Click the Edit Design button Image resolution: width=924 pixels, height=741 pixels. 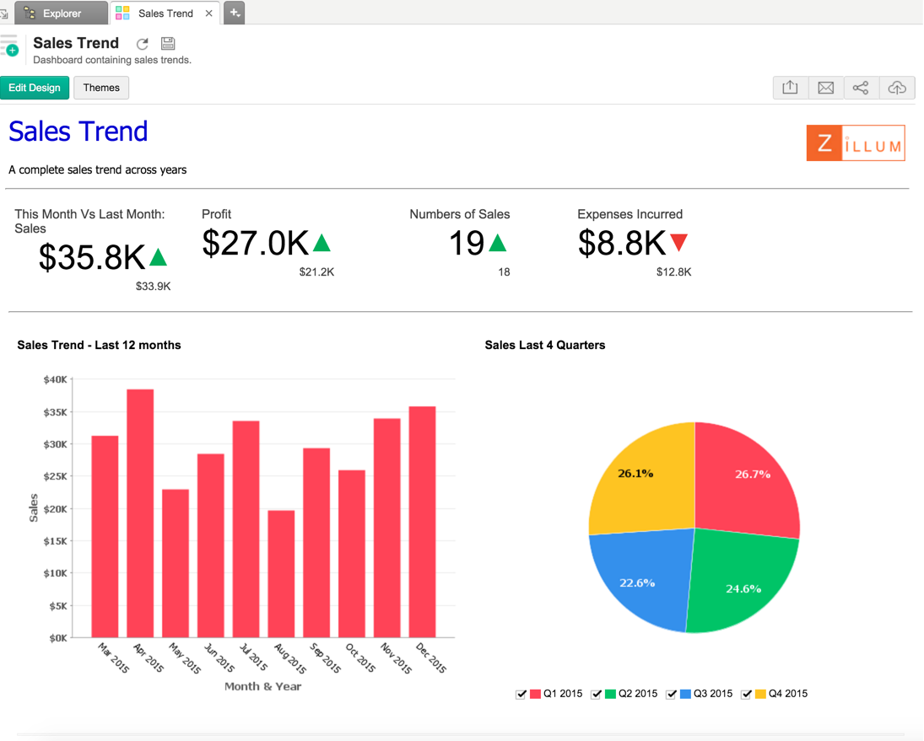pos(35,88)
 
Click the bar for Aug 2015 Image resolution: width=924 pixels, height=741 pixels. pos(281,573)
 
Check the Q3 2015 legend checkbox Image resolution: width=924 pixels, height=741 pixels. pos(672,694)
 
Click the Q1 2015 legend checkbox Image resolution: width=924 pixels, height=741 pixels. pos(521,694)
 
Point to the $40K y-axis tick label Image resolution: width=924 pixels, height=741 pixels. pos(56,380)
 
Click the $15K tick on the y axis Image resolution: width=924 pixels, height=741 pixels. pos(56,541)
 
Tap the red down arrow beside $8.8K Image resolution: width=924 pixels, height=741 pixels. pos(678,244)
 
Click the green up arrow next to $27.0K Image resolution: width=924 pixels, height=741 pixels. pos(322,244)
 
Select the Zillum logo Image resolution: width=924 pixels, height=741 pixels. pos(855,143)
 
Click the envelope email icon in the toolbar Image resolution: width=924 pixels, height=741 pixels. pos(826,88)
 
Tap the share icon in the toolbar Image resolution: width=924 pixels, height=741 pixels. pos(861,88)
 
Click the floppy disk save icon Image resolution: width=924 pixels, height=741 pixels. pos(167,44)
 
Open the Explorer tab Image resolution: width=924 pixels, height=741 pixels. pos(61,13)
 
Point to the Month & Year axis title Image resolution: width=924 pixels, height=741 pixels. pos(262,686)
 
